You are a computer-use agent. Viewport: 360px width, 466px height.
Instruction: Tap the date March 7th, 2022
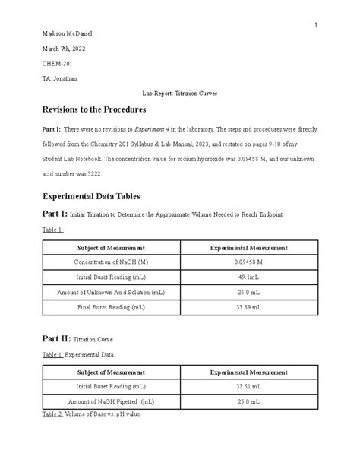click(x=63, y=49)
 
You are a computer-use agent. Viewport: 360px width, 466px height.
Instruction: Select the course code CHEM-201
click(x=57, y=64)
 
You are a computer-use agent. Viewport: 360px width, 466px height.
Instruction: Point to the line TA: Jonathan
click(x=60, y=78)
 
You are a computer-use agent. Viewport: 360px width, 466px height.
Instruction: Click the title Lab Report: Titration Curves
click(x=180, y=93)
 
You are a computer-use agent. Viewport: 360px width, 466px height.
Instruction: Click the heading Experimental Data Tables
click(x=96, y=195)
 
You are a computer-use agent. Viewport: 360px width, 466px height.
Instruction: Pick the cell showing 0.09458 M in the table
click(x=248, y=262)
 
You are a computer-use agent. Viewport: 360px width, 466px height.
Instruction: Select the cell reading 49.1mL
click(x=248, y=277)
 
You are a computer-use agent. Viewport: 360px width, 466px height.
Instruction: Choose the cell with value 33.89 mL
click(x=248, y=306)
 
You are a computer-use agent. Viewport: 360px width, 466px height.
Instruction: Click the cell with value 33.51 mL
click(x=248, y=386)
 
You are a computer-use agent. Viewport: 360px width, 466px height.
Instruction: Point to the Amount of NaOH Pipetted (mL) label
click(x=111, y=401)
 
